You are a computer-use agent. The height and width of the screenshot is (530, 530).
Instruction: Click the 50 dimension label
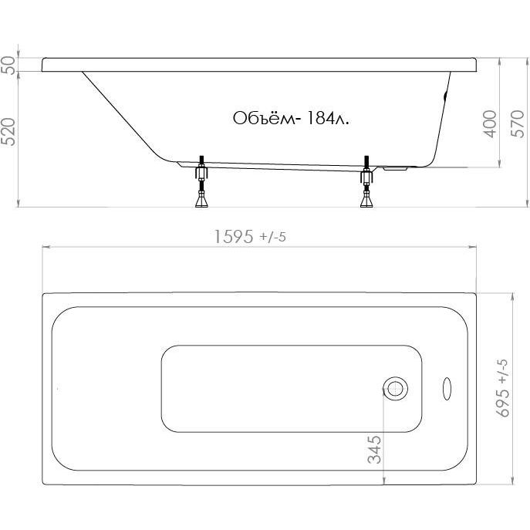point(9,66)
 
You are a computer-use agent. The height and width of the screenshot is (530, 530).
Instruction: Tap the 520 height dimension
point(9,132)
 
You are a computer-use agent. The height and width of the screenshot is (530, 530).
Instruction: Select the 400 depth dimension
point(491,123)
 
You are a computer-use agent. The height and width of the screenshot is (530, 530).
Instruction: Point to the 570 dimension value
point(518,123)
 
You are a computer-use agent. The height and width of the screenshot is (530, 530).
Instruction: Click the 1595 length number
point(234,236)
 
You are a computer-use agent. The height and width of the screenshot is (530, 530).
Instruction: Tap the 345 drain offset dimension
point(374,450)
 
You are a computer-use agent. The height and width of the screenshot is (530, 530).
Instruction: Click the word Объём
point(265,118)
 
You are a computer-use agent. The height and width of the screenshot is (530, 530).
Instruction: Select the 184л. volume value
point(326,118)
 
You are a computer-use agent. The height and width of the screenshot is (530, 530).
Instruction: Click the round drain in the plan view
point(395,389)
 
